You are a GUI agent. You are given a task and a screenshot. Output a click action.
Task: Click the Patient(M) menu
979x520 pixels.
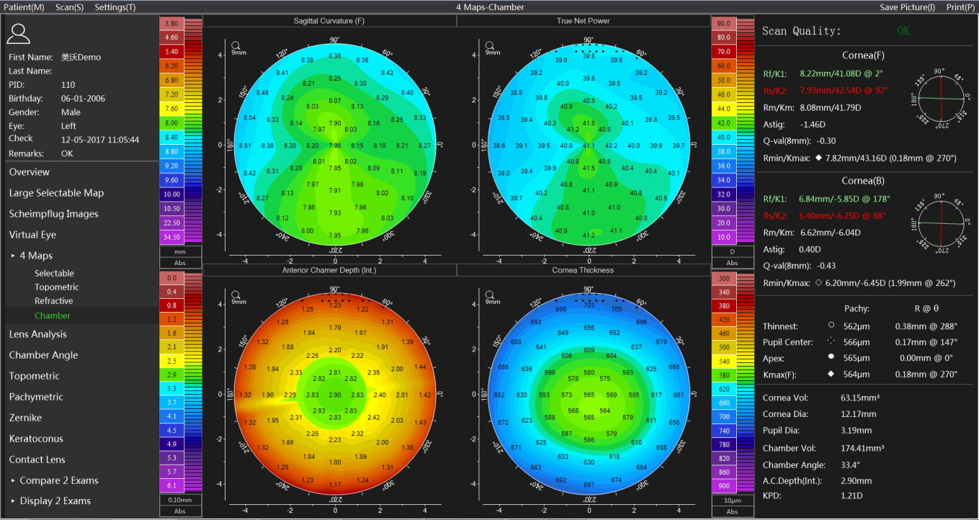tap(24, 6)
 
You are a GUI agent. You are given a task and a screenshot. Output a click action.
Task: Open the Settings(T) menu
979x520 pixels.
tap(115, 6)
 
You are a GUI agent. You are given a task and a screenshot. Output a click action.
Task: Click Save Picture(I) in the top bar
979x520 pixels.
tap(908, 6)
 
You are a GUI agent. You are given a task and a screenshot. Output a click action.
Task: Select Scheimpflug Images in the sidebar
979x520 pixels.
tap(53, 214)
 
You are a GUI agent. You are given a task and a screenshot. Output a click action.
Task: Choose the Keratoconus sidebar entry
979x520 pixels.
tap(36, 439)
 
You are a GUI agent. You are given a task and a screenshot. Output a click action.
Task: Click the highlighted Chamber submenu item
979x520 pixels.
tap(53, 315)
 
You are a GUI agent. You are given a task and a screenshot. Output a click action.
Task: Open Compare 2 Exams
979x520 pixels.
tap(59, 480)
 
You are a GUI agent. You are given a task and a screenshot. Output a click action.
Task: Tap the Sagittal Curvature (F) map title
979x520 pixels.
tap(329, 21)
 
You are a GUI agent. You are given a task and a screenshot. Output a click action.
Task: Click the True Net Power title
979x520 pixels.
tap(583, 21)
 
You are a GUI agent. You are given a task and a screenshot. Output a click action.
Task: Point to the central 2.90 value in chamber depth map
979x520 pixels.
tap(335, 395)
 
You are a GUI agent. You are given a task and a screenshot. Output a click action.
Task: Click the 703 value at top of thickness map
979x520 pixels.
tap(589, 305)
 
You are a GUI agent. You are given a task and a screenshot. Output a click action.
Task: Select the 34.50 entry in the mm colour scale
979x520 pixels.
tap(172, 237)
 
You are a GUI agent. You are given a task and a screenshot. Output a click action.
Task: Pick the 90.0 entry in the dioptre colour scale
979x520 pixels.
tap(724, 24)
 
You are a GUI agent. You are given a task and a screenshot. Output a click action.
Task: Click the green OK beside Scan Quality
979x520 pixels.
tap(903, 31)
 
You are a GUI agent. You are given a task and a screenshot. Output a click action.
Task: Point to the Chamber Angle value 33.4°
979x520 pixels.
tap(851, 465)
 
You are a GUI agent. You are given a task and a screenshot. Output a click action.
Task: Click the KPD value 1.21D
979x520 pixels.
tap(851, 496)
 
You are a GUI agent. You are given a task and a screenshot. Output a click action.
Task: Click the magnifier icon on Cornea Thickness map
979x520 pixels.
tap(490, 295)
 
